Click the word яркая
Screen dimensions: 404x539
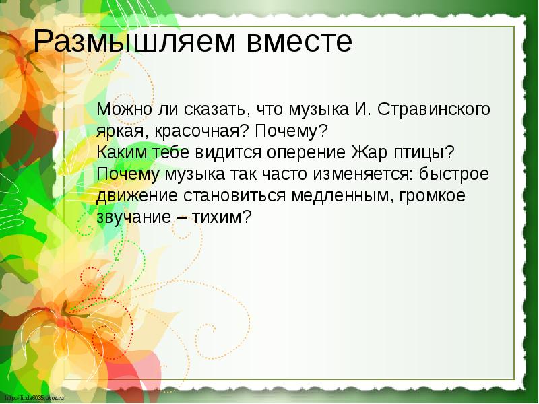pyautogui.click(x=119, y=131)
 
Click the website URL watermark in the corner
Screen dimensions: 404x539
pyautogui.click(x=33, y=399)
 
